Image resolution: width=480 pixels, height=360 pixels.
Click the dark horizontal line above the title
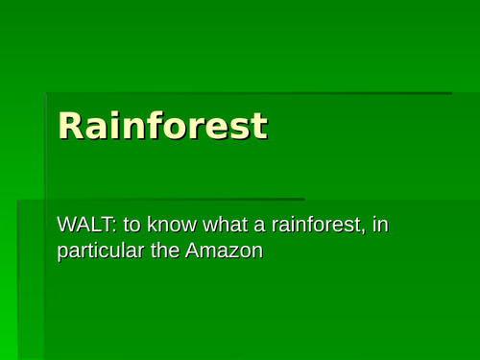(x=250, y=93)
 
